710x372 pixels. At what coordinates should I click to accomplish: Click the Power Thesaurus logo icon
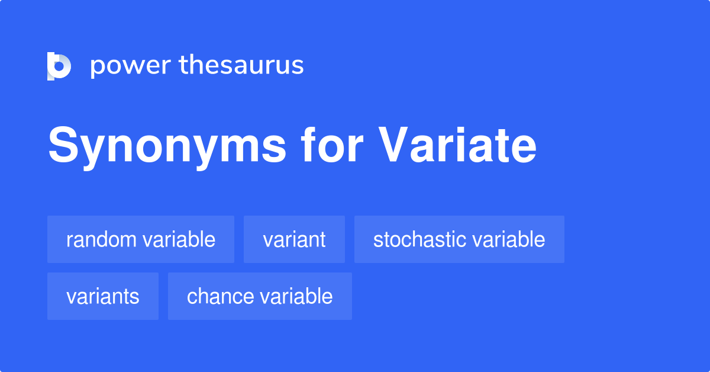[59, 66]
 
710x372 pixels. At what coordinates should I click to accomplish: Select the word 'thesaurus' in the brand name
[241, 66]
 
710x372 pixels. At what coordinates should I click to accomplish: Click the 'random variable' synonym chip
[141, 239]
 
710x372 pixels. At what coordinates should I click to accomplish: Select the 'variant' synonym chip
[294, 239]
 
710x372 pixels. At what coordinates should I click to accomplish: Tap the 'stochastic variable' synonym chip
[459, 239]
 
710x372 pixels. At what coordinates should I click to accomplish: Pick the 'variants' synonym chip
[103, 296]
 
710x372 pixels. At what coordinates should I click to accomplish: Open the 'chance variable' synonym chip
[260, 296]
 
